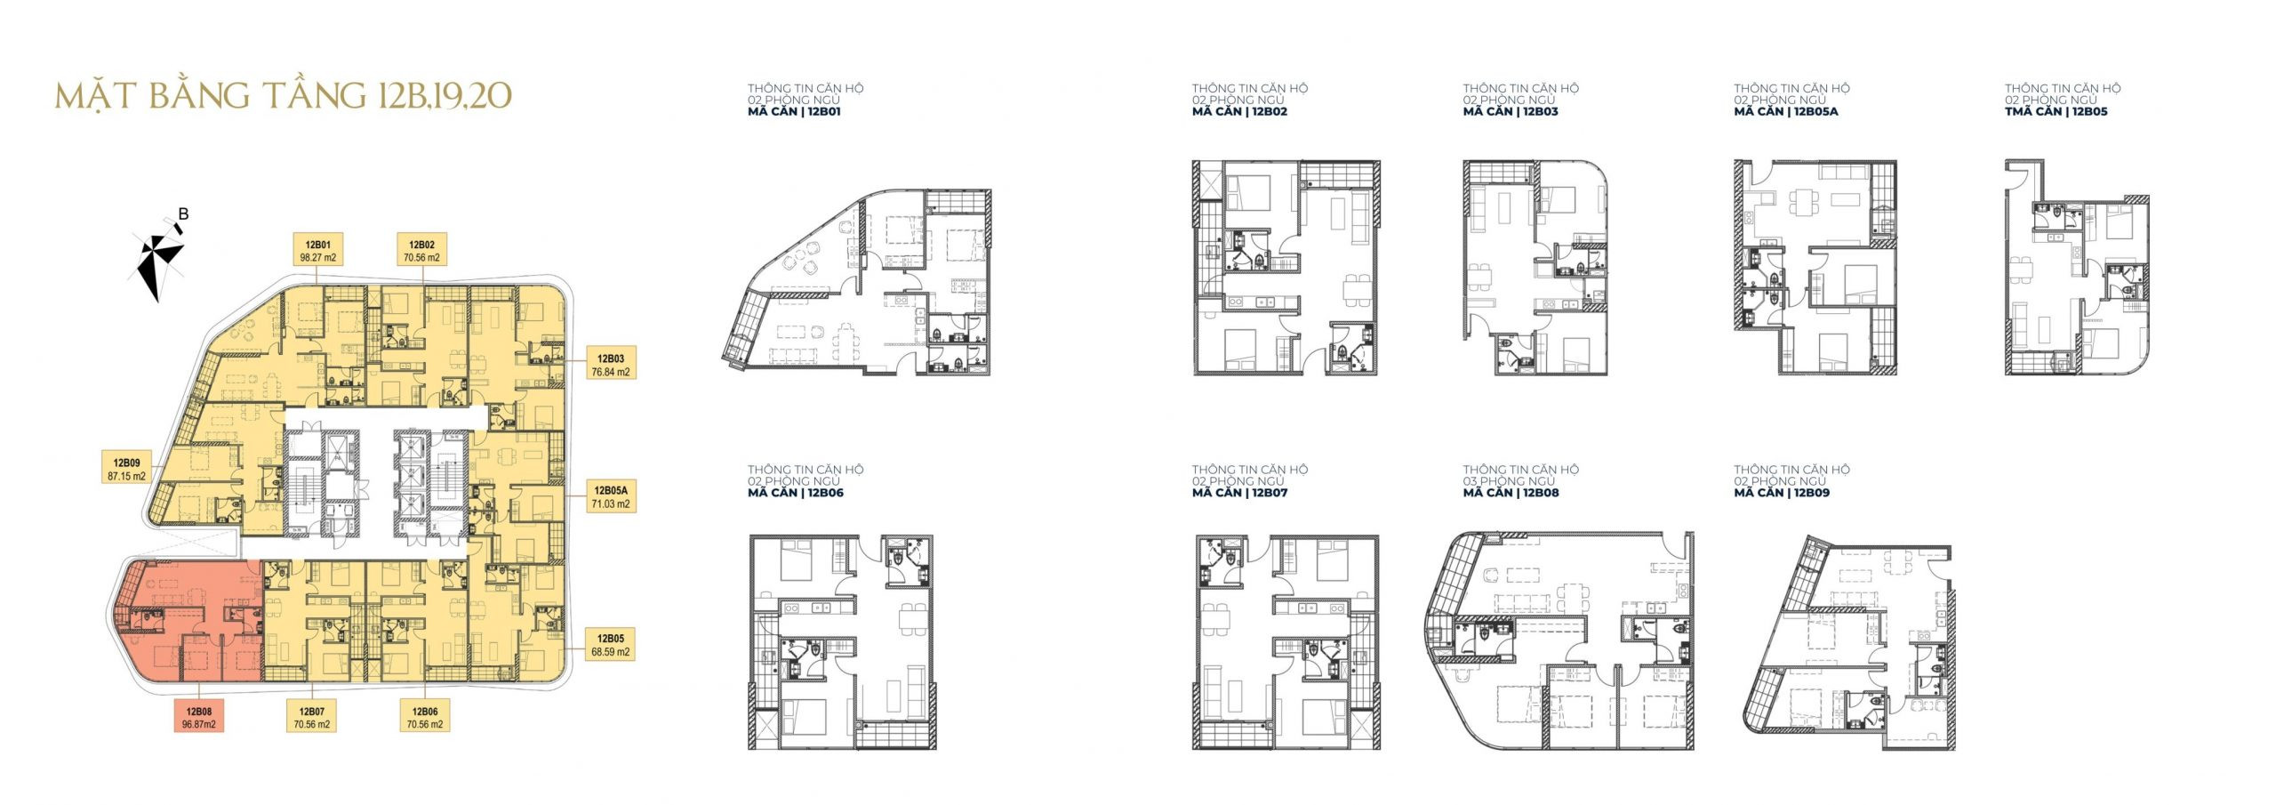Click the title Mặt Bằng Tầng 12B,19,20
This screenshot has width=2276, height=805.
[x=284, y=95]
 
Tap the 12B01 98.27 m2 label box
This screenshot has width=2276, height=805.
[x=317, y=251]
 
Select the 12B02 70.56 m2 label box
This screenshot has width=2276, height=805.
[x=421, y=251]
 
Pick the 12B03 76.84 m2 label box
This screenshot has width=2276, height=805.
[x=611, y=365]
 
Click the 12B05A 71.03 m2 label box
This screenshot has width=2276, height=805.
[x=611, y=496]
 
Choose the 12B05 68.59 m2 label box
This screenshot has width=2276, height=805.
[x=610, y=645]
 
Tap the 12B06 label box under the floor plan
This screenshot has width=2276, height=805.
[x=424, y=718]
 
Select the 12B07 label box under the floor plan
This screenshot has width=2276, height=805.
[x=311, y=718]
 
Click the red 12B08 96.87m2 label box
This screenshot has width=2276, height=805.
[x=198, y=718]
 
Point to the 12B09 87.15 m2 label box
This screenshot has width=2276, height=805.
[x=126, y=469]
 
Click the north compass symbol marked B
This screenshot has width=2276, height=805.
[x=159, y=253]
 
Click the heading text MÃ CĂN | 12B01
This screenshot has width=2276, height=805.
[x=794, y=112]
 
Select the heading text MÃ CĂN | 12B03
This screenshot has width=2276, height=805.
[x=1511, y=112]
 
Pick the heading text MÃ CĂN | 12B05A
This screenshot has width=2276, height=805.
[x=1786, y=112]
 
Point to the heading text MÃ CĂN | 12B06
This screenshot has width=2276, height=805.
[x=796, y=493]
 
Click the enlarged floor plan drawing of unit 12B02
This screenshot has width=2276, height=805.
[x=1286, y=268]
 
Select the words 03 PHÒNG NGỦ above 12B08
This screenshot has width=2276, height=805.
[x=1510, y=481]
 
